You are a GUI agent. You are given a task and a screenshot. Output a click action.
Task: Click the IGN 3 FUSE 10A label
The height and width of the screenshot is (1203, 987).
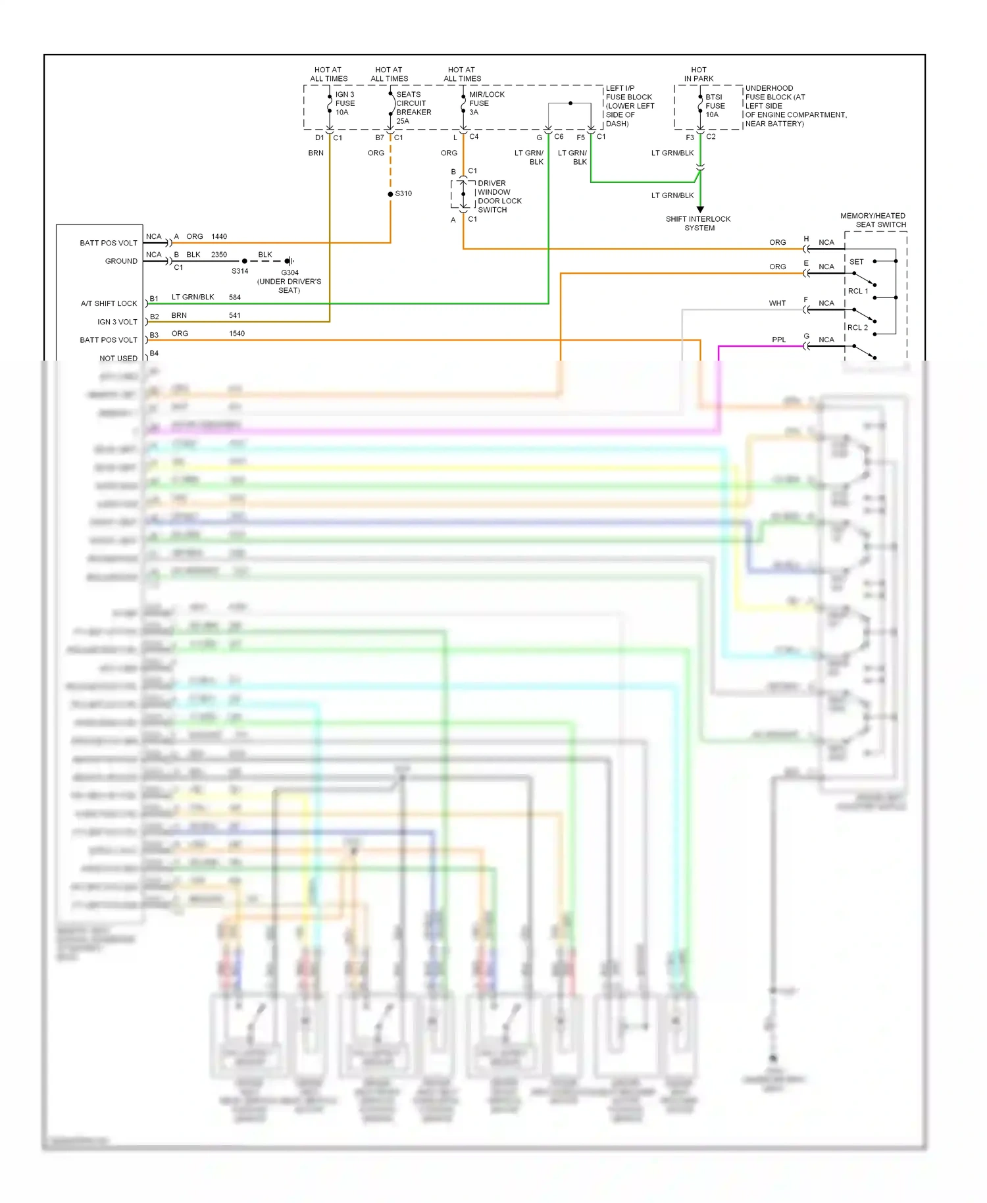coord(345,103)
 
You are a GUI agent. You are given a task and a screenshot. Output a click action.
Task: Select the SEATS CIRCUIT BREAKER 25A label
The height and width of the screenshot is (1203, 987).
coord(413,108)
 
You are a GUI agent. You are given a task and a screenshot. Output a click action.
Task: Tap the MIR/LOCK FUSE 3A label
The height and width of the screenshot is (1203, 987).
coord(486,103)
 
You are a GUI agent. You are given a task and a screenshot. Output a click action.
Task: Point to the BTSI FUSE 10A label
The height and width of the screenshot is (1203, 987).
coord(715,105)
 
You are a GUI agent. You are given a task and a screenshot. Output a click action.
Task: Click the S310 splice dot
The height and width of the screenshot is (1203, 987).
coord(390,194)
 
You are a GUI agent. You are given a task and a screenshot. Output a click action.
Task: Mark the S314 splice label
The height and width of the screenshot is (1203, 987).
coord(240,271)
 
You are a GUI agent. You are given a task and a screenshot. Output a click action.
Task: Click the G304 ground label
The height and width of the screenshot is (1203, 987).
coord(290,272)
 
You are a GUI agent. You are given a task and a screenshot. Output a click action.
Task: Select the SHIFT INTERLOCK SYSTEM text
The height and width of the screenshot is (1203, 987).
coord(698,224)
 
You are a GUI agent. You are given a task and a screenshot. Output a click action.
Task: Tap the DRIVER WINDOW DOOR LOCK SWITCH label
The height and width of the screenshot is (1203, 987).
coord(499,197)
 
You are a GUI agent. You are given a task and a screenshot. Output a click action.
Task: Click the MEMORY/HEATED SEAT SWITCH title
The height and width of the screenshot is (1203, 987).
coord(873,220)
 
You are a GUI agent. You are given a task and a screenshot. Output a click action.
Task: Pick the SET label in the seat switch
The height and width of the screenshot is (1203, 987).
coord(856,262)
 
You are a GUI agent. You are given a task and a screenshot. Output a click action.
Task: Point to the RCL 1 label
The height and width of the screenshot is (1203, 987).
coord(857,291)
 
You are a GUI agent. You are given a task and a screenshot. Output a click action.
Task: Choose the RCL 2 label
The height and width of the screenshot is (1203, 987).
coord(857,328)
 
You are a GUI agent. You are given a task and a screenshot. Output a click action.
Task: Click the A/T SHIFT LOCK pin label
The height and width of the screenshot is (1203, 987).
coord(109,303)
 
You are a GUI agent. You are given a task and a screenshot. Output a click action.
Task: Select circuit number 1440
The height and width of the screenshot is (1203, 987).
coord(219,236)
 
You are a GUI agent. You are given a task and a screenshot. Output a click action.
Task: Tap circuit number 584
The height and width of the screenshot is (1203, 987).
coord(235,297)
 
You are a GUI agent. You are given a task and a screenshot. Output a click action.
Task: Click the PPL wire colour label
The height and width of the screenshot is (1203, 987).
coord(778,340)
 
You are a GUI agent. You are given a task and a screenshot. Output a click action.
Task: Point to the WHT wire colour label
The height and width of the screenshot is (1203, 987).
coord(777,303)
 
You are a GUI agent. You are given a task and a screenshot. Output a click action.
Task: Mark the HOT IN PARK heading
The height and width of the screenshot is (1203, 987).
coord(698,74)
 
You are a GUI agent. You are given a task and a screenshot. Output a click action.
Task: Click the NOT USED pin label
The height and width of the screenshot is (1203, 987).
coord(118,358)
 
